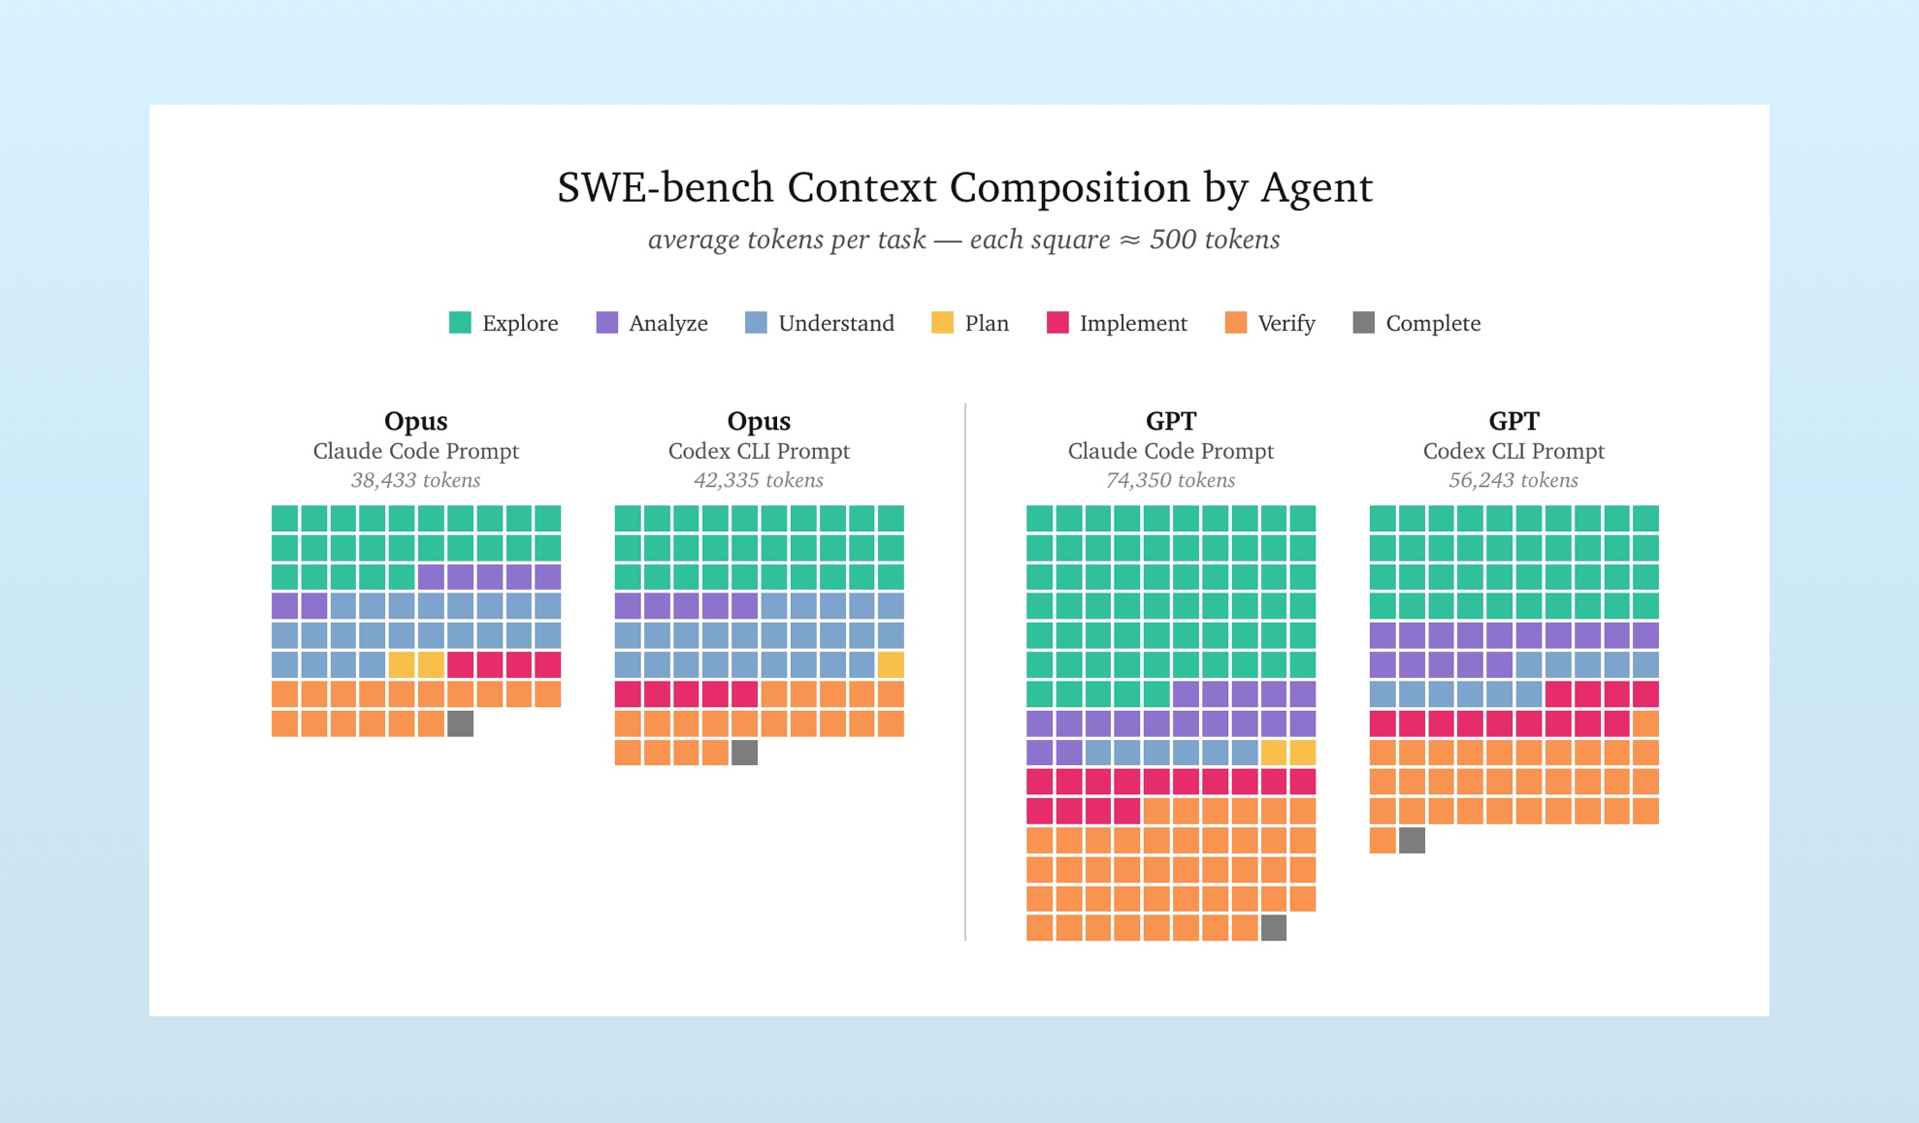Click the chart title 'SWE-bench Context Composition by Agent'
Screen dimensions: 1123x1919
click(x=964, y=187)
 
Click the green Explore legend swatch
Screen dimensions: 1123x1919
click(x=460, y=323)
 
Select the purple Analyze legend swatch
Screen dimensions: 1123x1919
click(x=606, y=323)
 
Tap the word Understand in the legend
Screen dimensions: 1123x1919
click(x=835, y=323)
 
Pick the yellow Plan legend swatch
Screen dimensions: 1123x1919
click(x=942, y=323)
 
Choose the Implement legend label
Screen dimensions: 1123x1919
click(x=1132, y=323)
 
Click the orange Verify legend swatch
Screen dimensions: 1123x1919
click(x=1235, y=323)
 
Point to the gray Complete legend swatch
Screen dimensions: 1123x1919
click(x=1363, y=323)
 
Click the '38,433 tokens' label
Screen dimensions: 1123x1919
click(x=415, y=480)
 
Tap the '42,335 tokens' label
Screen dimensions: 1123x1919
click(x=758, y=480)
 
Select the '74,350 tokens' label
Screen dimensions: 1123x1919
click(x=1170, y=480)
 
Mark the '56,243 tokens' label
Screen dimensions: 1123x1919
click(x=1512, y=480)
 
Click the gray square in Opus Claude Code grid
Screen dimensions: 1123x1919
click(x=460, y=723)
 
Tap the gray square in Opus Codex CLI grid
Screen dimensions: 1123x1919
click(x=744, y=753)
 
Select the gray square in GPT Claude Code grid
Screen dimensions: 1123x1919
click(x=1273, y=928)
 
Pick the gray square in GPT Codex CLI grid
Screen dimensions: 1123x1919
click(x=1412, y=840)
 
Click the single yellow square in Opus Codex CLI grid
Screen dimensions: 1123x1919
click(x=891, y=665)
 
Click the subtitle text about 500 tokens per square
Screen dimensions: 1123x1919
click(x=963, y=240)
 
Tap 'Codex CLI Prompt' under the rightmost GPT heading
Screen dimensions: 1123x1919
click(x=1512, y=451)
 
